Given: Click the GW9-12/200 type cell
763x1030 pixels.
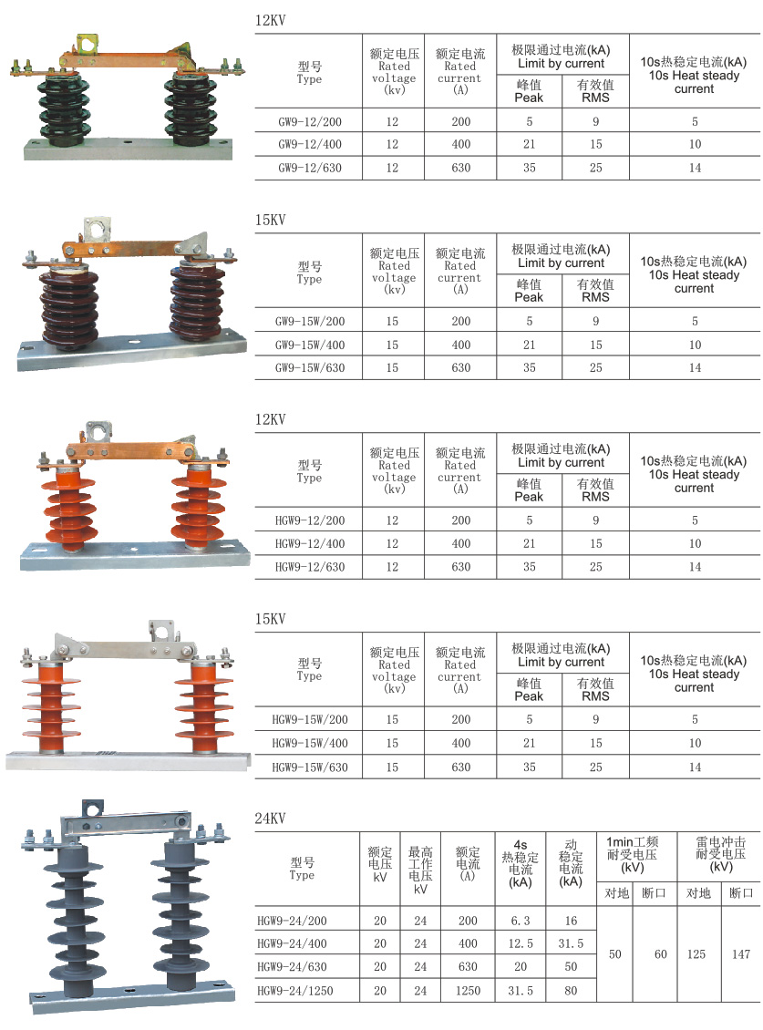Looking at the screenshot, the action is (x=310, y=121).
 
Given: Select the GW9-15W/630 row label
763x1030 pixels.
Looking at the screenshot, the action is (x=310, y=368).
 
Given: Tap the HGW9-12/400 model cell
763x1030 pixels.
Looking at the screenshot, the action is (x=310, y=544).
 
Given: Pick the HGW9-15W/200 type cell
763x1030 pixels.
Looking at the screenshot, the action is (x=310, y=720).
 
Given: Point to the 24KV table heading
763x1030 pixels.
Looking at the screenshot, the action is (x=270, y=819).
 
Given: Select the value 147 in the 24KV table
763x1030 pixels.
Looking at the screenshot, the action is (x=740, y=954).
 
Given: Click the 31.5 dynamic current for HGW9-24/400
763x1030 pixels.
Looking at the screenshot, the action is (x=571, y=944).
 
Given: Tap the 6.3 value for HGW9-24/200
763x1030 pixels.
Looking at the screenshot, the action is (x=521, y=921).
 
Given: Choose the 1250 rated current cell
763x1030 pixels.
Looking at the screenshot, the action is (x=468, y=991).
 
